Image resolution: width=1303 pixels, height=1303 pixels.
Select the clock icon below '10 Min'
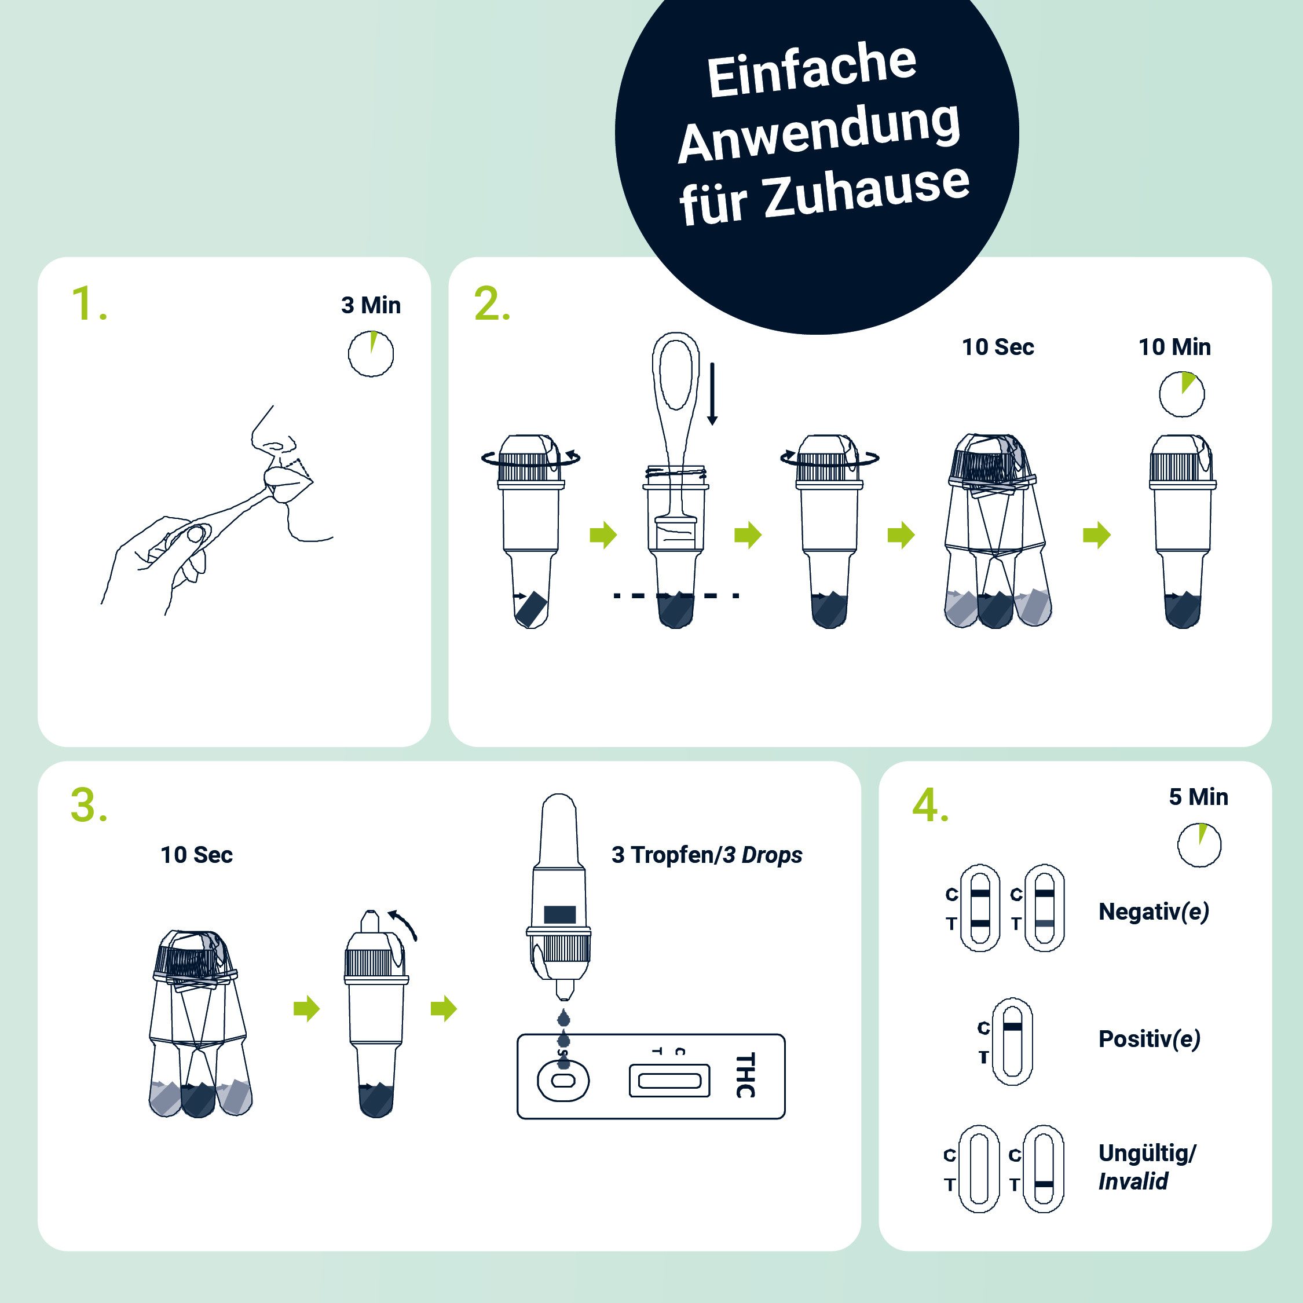[x=1181, y=394]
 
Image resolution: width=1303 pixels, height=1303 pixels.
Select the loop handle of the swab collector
[x=676, y=374]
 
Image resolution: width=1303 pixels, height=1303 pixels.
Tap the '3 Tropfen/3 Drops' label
[x=706, y=855]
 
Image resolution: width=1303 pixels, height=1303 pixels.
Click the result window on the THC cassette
[x=669, y=1081]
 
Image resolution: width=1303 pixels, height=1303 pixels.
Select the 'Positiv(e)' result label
[x=1149, y=1038]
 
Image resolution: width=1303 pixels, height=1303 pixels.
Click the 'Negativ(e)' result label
[x=1153, y=912]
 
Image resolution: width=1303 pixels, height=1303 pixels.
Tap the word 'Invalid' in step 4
[x=1133, y=1181]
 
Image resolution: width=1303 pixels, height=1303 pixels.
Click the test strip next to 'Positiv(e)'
[x=1012, y=1041]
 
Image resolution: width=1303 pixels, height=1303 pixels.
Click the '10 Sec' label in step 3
[x=196, y=855]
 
